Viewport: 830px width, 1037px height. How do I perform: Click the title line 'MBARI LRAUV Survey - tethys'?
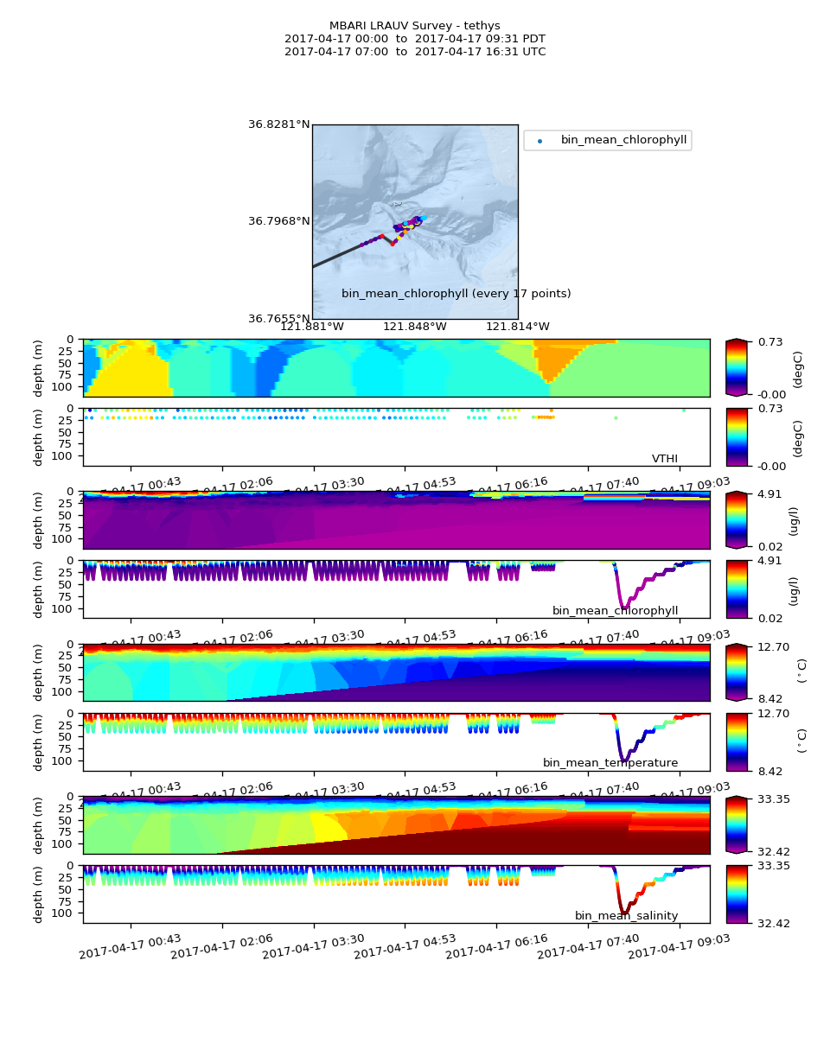point(415,26)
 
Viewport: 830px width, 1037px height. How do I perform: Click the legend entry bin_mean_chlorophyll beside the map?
point(618,140)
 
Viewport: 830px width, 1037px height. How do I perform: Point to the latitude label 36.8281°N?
point(278,124)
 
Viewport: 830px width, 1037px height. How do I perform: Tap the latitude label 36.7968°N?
point(278,221)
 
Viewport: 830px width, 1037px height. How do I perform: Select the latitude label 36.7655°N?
point(278,319)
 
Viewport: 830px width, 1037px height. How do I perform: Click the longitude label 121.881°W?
point(312,327)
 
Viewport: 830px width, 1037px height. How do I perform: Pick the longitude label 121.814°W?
point(518,327)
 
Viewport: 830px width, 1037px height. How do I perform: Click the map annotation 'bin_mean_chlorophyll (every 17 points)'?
point(456,294)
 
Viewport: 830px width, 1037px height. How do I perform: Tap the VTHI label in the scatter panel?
point(664,459)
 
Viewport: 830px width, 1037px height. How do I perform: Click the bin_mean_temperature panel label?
point(610,763)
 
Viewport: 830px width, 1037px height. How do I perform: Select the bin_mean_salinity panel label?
point(626,916)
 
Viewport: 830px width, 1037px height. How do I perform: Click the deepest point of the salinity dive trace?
point(623,913)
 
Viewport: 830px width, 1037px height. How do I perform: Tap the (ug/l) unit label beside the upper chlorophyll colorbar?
point(794,520)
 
